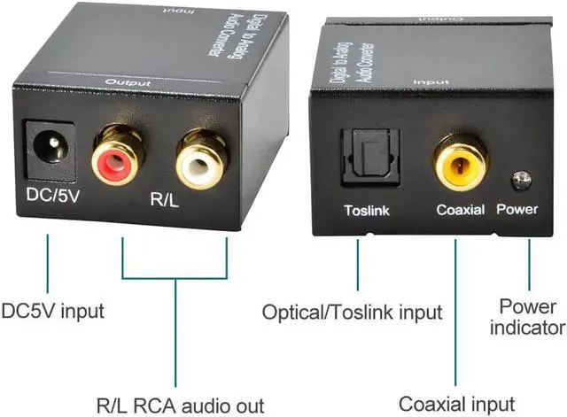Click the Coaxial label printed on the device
coord(460,211)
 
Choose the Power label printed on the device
coord(517,211)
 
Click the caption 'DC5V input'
coord(53,311)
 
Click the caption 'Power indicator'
coord(532,317)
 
